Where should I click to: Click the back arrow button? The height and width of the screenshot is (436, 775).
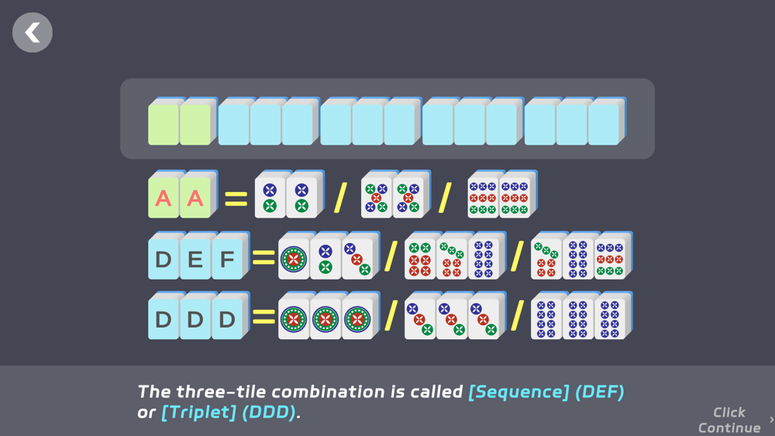coord(33,33)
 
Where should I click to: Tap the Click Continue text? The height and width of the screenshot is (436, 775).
coord(729,420)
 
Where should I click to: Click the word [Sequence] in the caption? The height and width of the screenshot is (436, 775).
coord(518,392)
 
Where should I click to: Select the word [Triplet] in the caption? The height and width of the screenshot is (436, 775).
coord(198,412)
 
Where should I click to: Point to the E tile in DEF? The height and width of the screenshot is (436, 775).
coord(195,258)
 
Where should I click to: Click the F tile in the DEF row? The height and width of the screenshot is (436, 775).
coord(227,258)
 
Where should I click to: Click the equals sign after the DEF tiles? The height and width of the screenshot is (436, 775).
coord(263,258)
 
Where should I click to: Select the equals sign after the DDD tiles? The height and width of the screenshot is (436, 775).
coord(263,318)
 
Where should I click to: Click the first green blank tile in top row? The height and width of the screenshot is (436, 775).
coord(163,124)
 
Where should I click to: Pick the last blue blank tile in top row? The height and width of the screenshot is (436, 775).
coord(604,124)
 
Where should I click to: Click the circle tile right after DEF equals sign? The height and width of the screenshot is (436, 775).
coord(294,259)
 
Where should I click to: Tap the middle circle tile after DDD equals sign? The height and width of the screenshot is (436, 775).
coord(325,318)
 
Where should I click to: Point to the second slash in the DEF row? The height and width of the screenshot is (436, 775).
coord(517,256)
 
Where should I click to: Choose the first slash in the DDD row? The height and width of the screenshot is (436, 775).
coord(391,316)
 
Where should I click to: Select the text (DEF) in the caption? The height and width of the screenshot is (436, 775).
coord(600,392)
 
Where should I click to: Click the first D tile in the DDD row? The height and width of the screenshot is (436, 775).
coord(163,318)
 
